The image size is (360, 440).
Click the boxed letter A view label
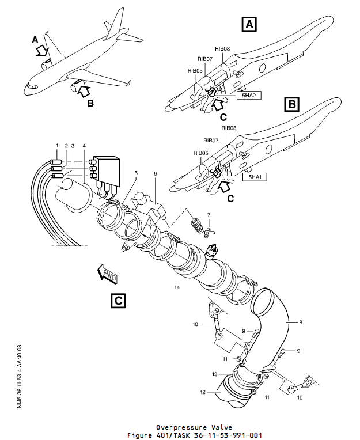pyautogui.click(x=249, y=24)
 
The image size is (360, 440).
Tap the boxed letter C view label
pyautogui.click(x=117, y=300)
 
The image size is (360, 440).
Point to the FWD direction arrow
pyautogui.click(x=108, y=275)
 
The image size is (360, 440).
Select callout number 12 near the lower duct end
pyautogui.click(x=202, y=392)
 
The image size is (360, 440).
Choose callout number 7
pyautogui.click(x=209, y=214)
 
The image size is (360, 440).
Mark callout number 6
pyautogui.click(x=155, y=173)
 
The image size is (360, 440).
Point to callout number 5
pyautogui.click(x=135, y=173)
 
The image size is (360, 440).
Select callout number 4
pyautogui.click(x=84, y=145)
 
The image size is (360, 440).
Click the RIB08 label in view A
pyautogui.click(x=222, y=50)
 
